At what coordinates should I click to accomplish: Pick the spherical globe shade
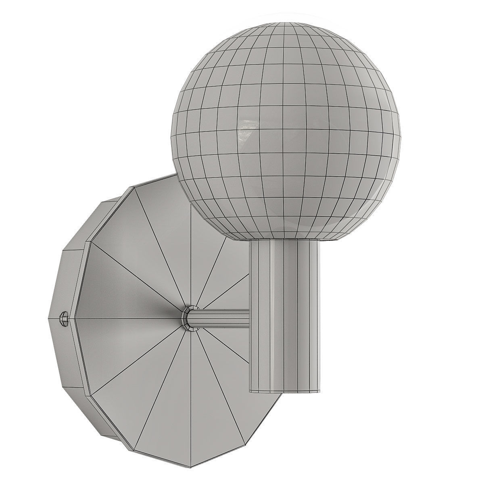[286, 129]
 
